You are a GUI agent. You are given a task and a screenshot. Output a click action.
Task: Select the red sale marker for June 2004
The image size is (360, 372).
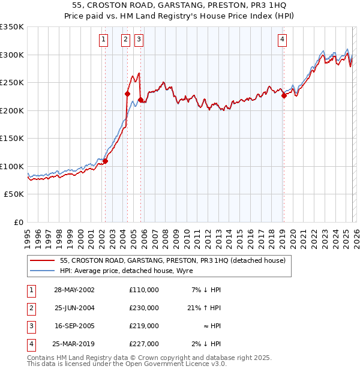coord(127,94)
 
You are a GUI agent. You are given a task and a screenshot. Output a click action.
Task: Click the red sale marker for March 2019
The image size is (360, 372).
coord(284,95)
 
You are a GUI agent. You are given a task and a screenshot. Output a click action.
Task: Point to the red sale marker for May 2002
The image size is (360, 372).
coord(105,161)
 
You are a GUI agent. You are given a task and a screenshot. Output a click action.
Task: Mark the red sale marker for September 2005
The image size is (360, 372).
coord(140,100)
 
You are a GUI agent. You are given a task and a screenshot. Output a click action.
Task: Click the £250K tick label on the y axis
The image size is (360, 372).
coord(12,83)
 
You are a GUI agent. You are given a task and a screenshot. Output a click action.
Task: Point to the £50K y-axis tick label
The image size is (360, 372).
coord(14,194)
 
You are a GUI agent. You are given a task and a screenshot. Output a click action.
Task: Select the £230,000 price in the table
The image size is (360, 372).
coord(144,308)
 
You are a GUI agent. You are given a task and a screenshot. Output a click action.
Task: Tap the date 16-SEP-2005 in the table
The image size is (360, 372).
coord(74,326)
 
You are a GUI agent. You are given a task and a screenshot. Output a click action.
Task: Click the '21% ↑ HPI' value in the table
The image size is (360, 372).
coord(206,308)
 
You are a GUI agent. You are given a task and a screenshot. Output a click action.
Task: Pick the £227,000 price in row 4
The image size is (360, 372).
coord(144,344)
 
